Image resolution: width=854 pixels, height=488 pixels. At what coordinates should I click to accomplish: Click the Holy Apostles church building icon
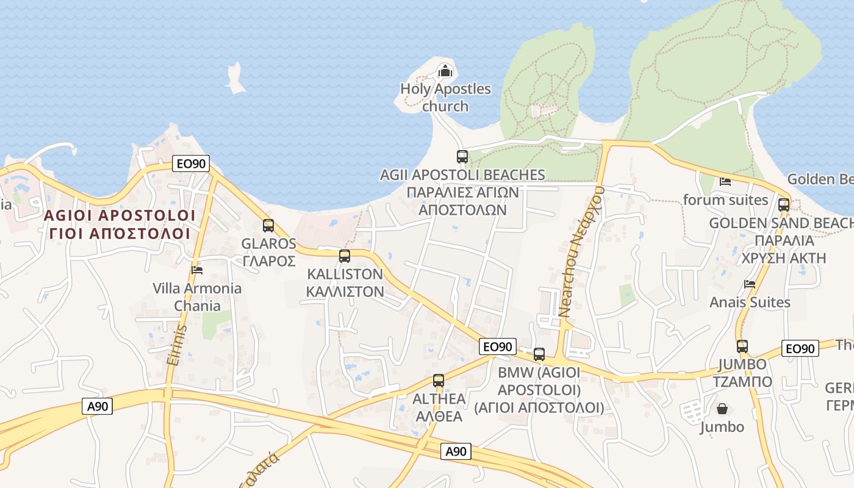[446, 71]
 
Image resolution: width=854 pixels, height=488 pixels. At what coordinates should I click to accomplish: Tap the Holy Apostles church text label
[445, 98]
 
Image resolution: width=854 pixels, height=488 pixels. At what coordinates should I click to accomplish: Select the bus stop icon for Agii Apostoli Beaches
[462, 157]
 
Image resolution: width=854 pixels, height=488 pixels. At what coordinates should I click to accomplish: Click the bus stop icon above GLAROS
[268, 226]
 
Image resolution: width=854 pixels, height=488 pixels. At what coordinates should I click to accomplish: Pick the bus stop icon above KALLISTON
[345, 256]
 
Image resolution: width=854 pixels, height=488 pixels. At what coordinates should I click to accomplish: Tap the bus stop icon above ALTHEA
[438, 381]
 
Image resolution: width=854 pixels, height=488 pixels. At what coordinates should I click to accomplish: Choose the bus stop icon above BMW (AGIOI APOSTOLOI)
[539, 354]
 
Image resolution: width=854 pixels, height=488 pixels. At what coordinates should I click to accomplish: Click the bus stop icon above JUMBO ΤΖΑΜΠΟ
[742, 346]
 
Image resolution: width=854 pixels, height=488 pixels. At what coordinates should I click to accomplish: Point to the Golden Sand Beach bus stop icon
[784, 205]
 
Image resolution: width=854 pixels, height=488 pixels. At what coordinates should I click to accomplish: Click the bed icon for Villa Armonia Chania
[196, 270]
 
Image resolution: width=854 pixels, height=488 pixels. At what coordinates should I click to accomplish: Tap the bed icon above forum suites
[725, 181]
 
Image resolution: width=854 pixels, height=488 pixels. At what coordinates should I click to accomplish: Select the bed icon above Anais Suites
[750, 284]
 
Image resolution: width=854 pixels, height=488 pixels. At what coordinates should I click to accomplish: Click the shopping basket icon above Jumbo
[722, 408]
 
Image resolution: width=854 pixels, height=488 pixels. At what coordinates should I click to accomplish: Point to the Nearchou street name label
[581, 251]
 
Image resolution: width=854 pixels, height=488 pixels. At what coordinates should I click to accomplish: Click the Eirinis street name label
[178, 345]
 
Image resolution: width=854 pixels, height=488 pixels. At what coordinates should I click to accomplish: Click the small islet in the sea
[235, 79]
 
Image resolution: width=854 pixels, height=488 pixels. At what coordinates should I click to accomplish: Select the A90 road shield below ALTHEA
[456, 451]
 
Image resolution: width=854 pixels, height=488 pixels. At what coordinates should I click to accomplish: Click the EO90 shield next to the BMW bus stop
[497, 346]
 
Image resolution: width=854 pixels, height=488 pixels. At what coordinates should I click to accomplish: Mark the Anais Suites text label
[750, 303]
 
